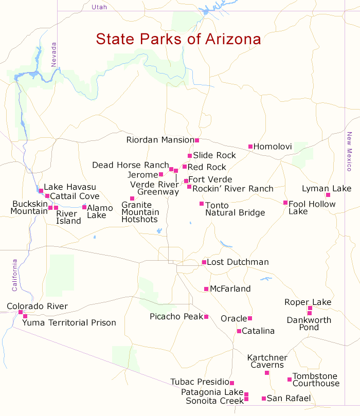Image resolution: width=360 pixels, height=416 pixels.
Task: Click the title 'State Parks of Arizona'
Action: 178,40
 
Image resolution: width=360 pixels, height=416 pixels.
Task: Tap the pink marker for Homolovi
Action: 250,147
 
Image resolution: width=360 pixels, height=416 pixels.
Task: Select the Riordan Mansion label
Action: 160,140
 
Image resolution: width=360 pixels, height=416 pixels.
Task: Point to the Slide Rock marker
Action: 190,155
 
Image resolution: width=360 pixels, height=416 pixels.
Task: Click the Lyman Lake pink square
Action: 328,195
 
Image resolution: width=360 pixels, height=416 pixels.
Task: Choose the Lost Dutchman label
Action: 238,262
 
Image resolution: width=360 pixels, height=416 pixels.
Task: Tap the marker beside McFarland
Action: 206,289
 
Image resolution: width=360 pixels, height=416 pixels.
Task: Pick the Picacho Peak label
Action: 176,317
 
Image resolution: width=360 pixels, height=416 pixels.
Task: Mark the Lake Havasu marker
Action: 41,191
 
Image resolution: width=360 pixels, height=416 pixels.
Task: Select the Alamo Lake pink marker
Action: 84,207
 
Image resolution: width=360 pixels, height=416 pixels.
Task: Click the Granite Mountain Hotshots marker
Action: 132,198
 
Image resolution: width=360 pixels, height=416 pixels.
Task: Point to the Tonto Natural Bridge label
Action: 235,209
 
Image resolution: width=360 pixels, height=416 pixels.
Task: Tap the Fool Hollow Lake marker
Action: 285,203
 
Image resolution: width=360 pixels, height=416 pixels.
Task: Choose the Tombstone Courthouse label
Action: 316,380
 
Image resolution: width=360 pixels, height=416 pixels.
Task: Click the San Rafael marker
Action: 264,399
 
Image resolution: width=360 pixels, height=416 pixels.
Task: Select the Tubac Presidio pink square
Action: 232,383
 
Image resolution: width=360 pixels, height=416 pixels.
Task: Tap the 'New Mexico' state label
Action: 349,152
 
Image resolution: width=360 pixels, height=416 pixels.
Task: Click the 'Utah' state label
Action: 100,7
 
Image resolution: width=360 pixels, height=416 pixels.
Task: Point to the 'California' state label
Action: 14,275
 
